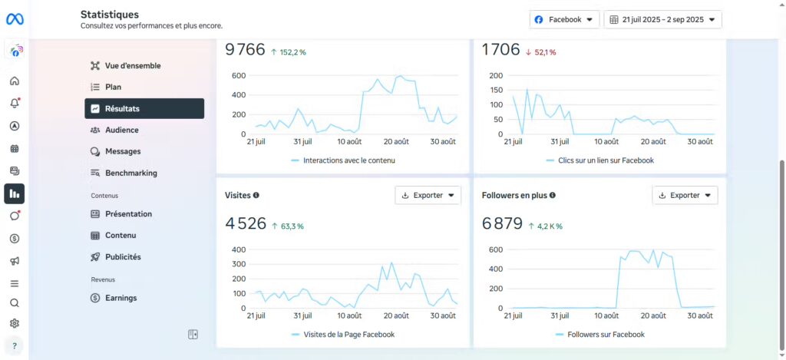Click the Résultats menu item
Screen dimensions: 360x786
click(x=144, y=108)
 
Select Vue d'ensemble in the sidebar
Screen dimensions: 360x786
click(x=132, y=66)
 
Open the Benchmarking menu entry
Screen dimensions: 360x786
click(x=130, y=173)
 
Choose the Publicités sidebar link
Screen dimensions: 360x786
click(x=123, y=257)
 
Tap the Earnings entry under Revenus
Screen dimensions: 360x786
click(x=121, y=298)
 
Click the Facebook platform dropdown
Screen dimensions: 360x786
click(x=564, y=19)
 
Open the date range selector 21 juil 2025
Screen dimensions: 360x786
click(x=663, y=19)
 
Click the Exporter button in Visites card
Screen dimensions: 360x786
click(x=428, y=195)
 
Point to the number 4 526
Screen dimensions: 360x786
click(x=246, y=224)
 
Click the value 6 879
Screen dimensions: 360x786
click(x=502, y=224)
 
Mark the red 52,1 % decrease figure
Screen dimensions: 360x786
click(x=541, y=52)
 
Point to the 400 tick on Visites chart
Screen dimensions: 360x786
click(x=239, y=249)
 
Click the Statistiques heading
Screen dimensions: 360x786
click(x=110, y=14)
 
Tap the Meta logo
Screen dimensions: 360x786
click(x=15, y=19)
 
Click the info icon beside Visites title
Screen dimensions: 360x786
click(x=256, y=195)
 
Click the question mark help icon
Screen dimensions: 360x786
click(x=15, y=345)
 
